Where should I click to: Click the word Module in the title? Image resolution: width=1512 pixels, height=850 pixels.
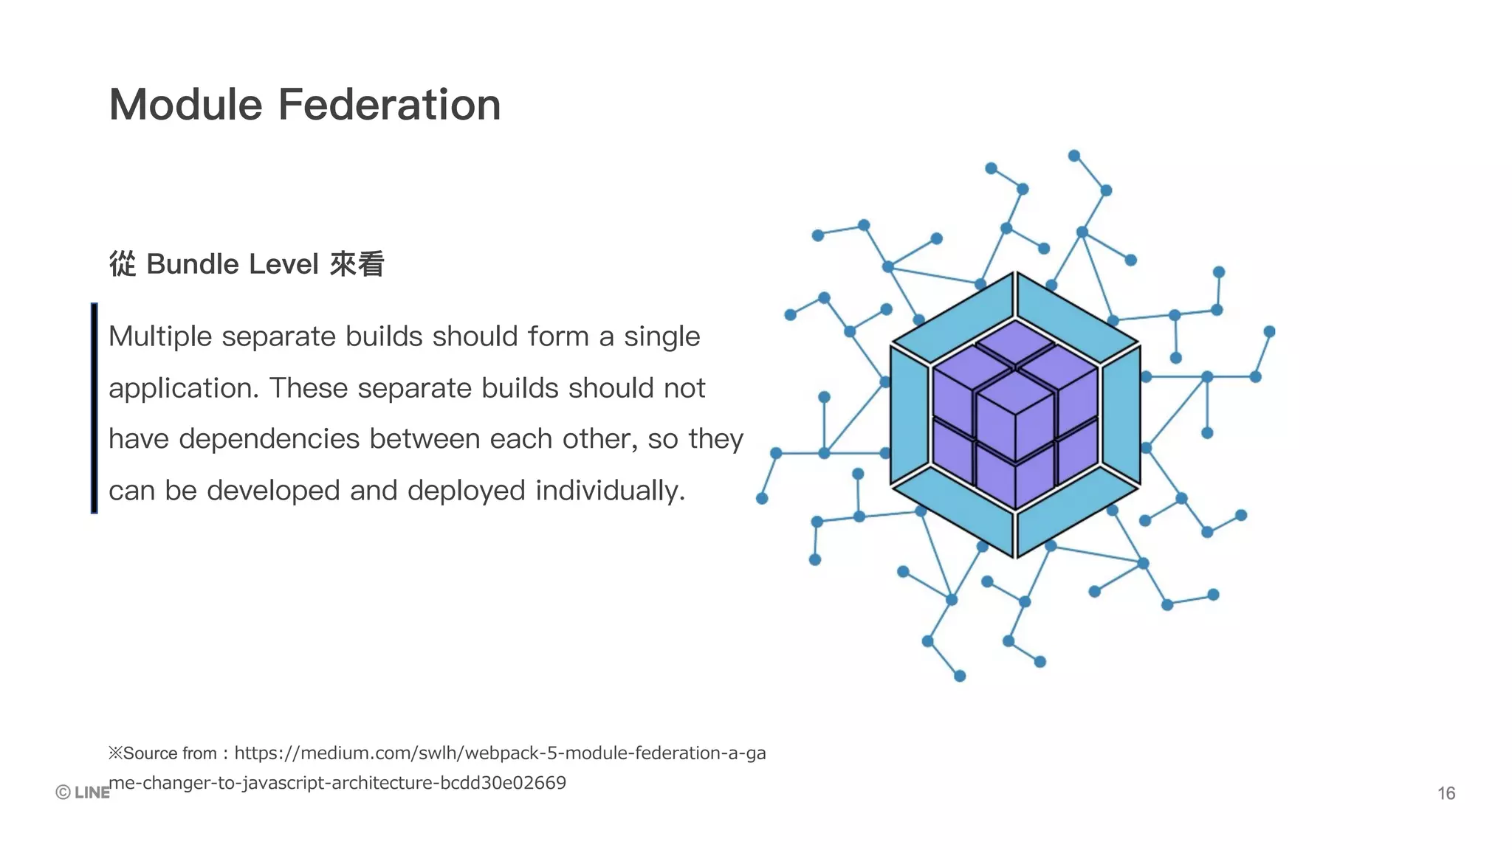pos(185,104)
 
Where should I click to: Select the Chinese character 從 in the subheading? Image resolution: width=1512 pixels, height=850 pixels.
pos(123,264)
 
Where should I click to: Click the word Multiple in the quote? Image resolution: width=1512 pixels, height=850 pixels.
pos(160,336)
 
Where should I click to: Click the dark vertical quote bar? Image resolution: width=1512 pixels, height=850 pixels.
pos(94,407)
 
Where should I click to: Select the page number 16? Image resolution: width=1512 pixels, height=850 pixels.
pos(1446,793)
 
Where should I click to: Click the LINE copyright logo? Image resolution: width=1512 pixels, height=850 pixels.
pos(83,792)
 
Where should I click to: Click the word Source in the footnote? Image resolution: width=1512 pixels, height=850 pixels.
pos(151,753)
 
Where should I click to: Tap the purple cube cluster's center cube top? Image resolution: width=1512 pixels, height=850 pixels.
pos(1015,391)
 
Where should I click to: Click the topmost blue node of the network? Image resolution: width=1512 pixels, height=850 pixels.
pos(1074,156)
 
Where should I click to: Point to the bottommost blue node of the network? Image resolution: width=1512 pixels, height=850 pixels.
pos(960,676)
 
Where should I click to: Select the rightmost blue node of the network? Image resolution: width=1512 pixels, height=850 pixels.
pos(1269,332)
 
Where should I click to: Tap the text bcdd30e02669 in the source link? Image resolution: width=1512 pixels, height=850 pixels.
pos(503,783)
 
